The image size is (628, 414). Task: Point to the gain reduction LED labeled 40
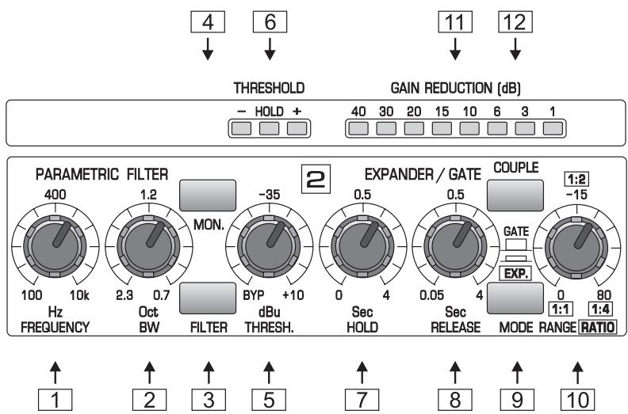(359, 127)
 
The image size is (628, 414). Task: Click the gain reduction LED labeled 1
(553, 127)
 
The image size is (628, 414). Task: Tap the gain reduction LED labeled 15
(442, 127)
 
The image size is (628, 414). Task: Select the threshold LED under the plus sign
(297, 127)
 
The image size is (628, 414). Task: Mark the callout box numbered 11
(455, 24)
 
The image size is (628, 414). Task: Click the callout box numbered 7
(362, 397)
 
